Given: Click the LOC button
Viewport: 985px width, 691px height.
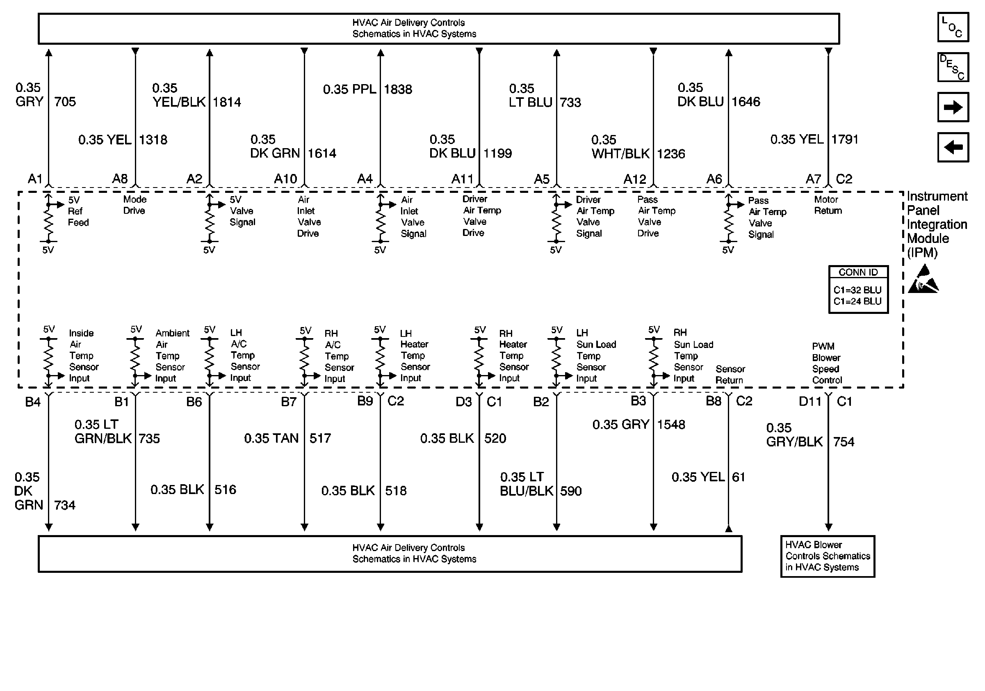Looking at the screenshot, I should (x=953, y=27).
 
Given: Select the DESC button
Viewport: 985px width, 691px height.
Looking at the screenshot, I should (x=953, y=67).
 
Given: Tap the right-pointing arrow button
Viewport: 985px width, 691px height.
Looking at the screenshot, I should (x=953, y=107).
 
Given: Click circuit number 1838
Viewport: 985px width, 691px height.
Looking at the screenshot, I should (x=398, y=89).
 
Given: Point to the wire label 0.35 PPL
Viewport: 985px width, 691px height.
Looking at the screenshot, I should (x=349, y=89).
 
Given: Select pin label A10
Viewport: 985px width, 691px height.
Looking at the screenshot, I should (x=285, y=178).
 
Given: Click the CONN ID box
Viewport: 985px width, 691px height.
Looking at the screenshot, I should (x=858, y=290).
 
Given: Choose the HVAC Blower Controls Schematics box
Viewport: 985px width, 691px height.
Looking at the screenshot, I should (x=828, y=556).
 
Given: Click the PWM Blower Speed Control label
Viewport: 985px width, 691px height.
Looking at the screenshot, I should (x=827, y=363).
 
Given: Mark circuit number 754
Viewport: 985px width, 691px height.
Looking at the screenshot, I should (x=844, y=442).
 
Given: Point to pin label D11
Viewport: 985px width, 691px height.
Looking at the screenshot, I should (x=809, y=402).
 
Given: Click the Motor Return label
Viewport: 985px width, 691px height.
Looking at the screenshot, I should (x=828, y=205).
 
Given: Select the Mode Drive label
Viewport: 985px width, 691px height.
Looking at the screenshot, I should (x=134, y=205).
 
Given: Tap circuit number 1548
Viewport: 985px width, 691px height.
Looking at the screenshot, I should (x=671, y=424).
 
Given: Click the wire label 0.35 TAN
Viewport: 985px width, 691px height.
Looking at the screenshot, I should (x=271, y=438).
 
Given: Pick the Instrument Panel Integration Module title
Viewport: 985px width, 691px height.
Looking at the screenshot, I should (x=937, y=224).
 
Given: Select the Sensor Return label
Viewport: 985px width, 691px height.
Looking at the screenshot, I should (x=730, y=375).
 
